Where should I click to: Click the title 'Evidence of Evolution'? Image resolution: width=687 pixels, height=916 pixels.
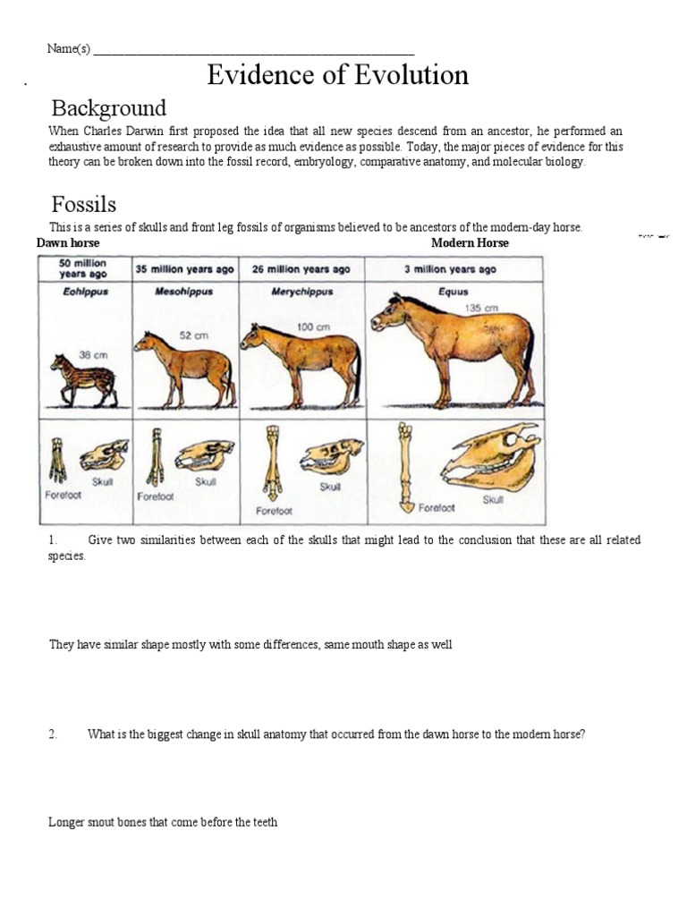[x=337, y=75]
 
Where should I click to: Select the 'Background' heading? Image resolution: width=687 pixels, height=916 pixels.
[x=108, y=108]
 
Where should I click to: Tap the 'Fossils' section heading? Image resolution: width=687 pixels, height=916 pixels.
[x=83, y=204]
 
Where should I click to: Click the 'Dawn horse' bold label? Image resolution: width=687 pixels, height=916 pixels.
[x=68, y=243]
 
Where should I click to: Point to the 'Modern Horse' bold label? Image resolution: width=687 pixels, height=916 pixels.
[x=470, y=243]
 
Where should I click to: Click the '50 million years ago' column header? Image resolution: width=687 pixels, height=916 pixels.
[x=83, y=268]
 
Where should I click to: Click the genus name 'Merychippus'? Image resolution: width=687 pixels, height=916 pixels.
[x=301, y=292]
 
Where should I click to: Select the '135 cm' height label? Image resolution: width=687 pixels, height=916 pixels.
[x=479, y=308]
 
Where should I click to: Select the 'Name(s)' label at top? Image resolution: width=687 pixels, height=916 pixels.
[x=68, y=48]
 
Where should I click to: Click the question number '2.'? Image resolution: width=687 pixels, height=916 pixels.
[x=53, y=734]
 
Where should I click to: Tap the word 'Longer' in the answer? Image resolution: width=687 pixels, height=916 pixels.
[x=66, y=821]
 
